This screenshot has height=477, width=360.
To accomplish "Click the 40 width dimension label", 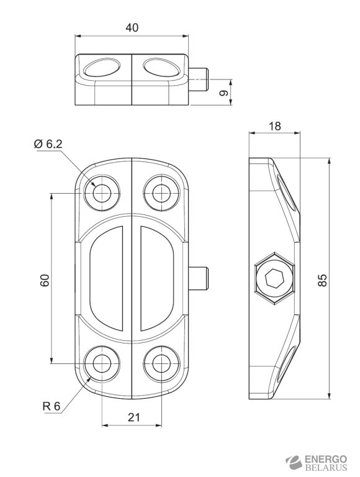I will click(x=132, y=27).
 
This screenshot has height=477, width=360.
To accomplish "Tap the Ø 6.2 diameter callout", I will click(x=48, y=144).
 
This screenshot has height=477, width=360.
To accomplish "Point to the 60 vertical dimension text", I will click(x=44, y=279).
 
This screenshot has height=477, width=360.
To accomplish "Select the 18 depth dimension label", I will click(x=274, y=125).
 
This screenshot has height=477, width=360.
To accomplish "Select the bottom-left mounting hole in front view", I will click(x=101, y=364).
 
